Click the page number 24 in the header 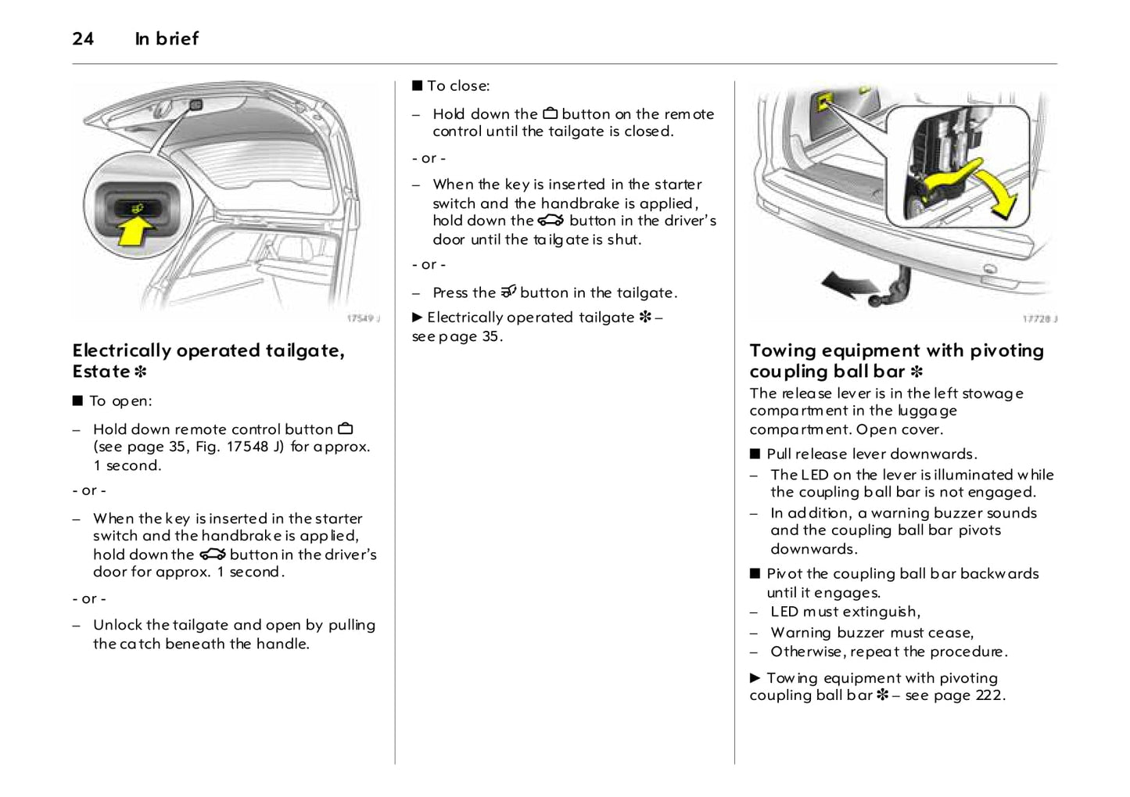[x=83, y=38]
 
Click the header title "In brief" [x=167, y=38]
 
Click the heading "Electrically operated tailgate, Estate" [x=208, y=361]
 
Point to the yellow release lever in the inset [x=949, y=179]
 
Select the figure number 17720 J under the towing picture [x=1039, y=319]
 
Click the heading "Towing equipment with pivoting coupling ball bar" [x=896, y=361]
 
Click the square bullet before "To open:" [x=77, y=401]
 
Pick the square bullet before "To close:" [x=417, y=86]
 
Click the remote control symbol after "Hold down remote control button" [x=346, y=429]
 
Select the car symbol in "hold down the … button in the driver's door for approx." [x=212, y=555]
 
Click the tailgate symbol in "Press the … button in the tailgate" [x=508, y=292]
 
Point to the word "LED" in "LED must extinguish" [x=784, y=612]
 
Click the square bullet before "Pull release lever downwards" [x=755, y=454]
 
